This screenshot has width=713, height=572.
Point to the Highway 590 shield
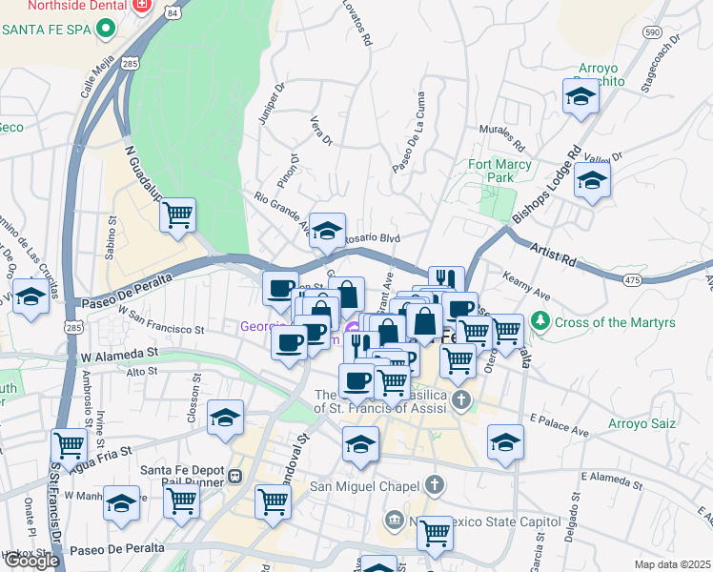coord(652,31)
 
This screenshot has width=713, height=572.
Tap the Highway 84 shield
coord(171,13)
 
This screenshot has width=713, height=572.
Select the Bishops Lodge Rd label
coord(546,186)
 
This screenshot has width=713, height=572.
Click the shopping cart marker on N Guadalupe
coord(177,215)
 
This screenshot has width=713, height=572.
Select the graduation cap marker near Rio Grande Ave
coord(327,231)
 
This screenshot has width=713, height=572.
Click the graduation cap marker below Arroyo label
coord(580,97)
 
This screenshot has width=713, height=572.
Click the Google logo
coord(31,561)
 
